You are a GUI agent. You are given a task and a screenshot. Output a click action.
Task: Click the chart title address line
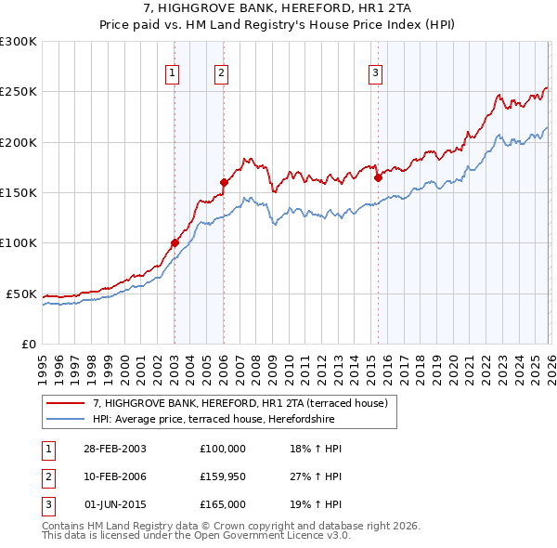coord(278,8)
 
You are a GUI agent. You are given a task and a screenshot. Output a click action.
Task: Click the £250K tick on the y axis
coord(19,92)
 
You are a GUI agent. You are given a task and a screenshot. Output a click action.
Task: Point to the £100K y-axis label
coord(19,243)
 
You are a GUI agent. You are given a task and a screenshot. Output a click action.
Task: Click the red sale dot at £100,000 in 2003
coord(175,243)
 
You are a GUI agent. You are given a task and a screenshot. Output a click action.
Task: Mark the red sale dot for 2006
coord(224,183)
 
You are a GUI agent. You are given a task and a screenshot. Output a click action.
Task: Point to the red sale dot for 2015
coord(378,177)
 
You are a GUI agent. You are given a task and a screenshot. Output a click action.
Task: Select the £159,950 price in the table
coord(223,476)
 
